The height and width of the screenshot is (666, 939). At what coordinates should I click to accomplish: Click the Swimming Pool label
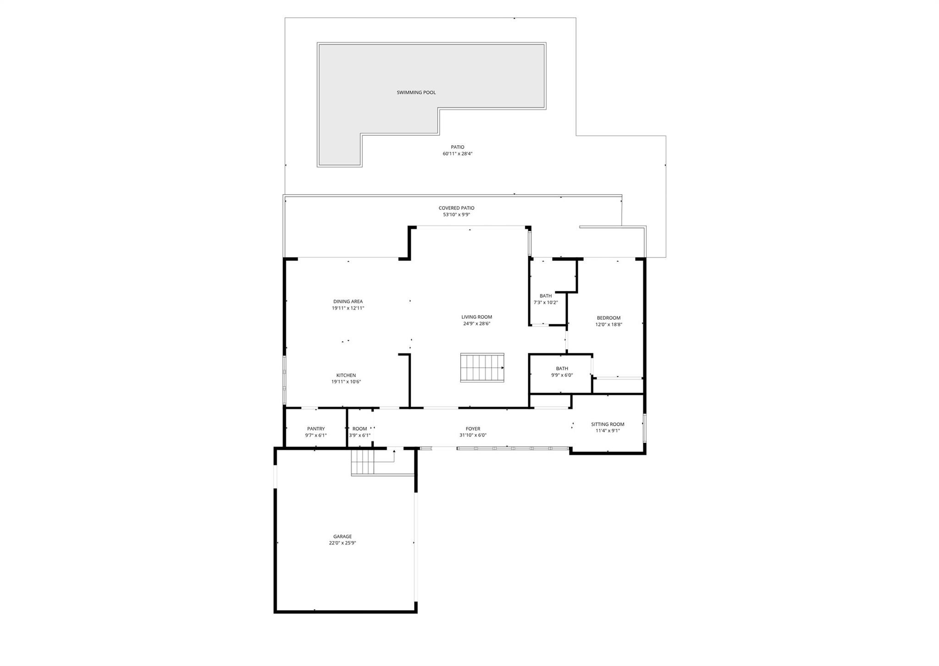(416, 93)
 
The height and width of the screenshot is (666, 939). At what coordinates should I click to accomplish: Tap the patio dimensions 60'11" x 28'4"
(457, 154)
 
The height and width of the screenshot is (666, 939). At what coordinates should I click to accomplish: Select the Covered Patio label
(456, 208)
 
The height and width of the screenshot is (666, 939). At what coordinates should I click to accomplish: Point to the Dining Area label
(348, 301)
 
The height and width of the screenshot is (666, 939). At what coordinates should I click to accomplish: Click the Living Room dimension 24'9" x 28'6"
(476, 323)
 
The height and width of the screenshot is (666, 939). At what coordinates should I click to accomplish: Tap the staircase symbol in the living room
(482, 368)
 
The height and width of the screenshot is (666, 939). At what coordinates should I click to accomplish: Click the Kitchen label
(346, 375)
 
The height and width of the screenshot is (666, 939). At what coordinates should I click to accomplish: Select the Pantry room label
(315, 429)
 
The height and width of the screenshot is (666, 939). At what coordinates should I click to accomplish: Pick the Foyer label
(473, 429)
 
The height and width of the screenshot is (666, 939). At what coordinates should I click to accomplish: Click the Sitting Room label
(608, 424)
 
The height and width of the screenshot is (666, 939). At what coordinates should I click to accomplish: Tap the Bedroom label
(608, 318)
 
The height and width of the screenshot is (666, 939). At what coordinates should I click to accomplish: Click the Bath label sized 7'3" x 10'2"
(545, 296)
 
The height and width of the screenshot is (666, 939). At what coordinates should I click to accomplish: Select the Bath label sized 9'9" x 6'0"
(562, 368)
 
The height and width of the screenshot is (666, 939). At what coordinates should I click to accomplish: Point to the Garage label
(342, 536)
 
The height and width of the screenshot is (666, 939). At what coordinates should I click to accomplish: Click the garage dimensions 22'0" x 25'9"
(342, 543)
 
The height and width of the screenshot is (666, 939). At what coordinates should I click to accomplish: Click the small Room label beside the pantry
(359, 429)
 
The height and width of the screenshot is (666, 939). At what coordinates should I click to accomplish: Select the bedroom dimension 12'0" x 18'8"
(608, 324)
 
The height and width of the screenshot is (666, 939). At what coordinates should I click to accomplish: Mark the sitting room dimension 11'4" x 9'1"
(608, 431)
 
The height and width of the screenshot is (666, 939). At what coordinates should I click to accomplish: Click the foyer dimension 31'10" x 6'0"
(473, 435)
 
